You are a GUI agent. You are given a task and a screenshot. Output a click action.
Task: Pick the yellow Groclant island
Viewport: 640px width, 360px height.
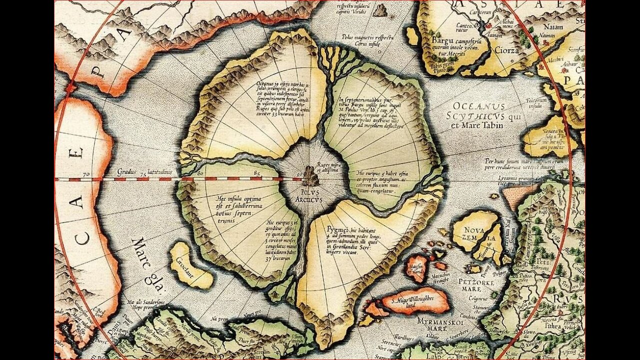(190, 265)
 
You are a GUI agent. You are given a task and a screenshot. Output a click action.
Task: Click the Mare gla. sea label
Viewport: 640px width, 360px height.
(147, 262)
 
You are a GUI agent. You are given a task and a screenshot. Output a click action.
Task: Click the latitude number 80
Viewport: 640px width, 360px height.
(200, 173)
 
